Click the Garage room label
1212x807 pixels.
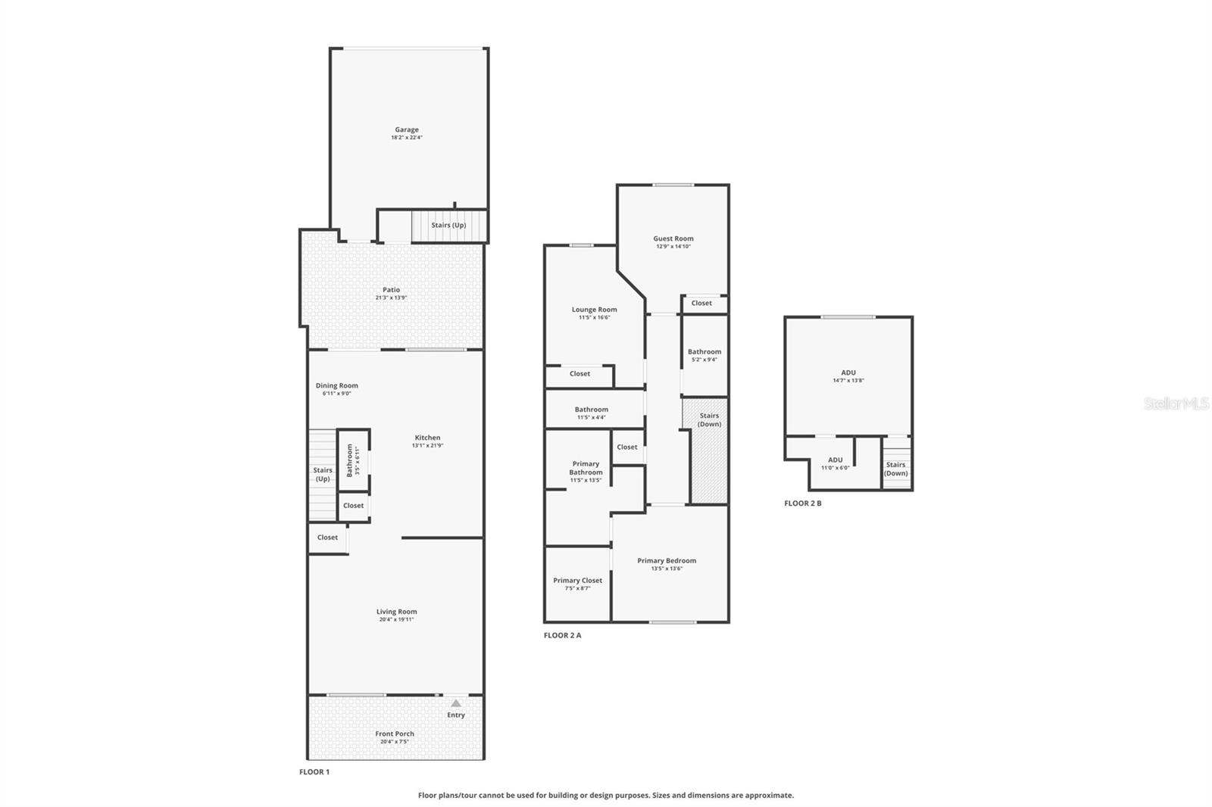click(x=407, y=129)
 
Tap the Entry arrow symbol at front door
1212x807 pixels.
click(x=456, y=703)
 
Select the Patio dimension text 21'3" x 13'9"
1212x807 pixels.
click(x=391, y=298)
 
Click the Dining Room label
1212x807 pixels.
click(x=337, y=385)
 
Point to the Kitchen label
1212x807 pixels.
click(x=427, y=438)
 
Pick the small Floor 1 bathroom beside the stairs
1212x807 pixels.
click(x=353, y=460)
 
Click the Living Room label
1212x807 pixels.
click(x=396, y=612)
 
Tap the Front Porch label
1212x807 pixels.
click(x=395, y=734)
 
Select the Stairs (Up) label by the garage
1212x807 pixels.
click(x=448, y=225)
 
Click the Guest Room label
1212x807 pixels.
click(x=673, y=238)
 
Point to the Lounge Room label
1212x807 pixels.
click(x=594, y=310)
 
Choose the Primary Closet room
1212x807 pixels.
click(x=577, y=584)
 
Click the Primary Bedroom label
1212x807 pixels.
click(x=667, y=561)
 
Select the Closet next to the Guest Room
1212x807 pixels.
click(x=701, y=303)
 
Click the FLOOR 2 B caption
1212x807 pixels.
click(x=803, y=503)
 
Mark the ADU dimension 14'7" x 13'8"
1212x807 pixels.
click(x=848, y=381)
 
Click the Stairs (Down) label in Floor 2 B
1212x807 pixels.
click(x=896, y=469)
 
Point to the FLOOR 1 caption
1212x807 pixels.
click(x=314, y=772)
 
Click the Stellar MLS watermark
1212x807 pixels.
click(x=1176, y=403)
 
